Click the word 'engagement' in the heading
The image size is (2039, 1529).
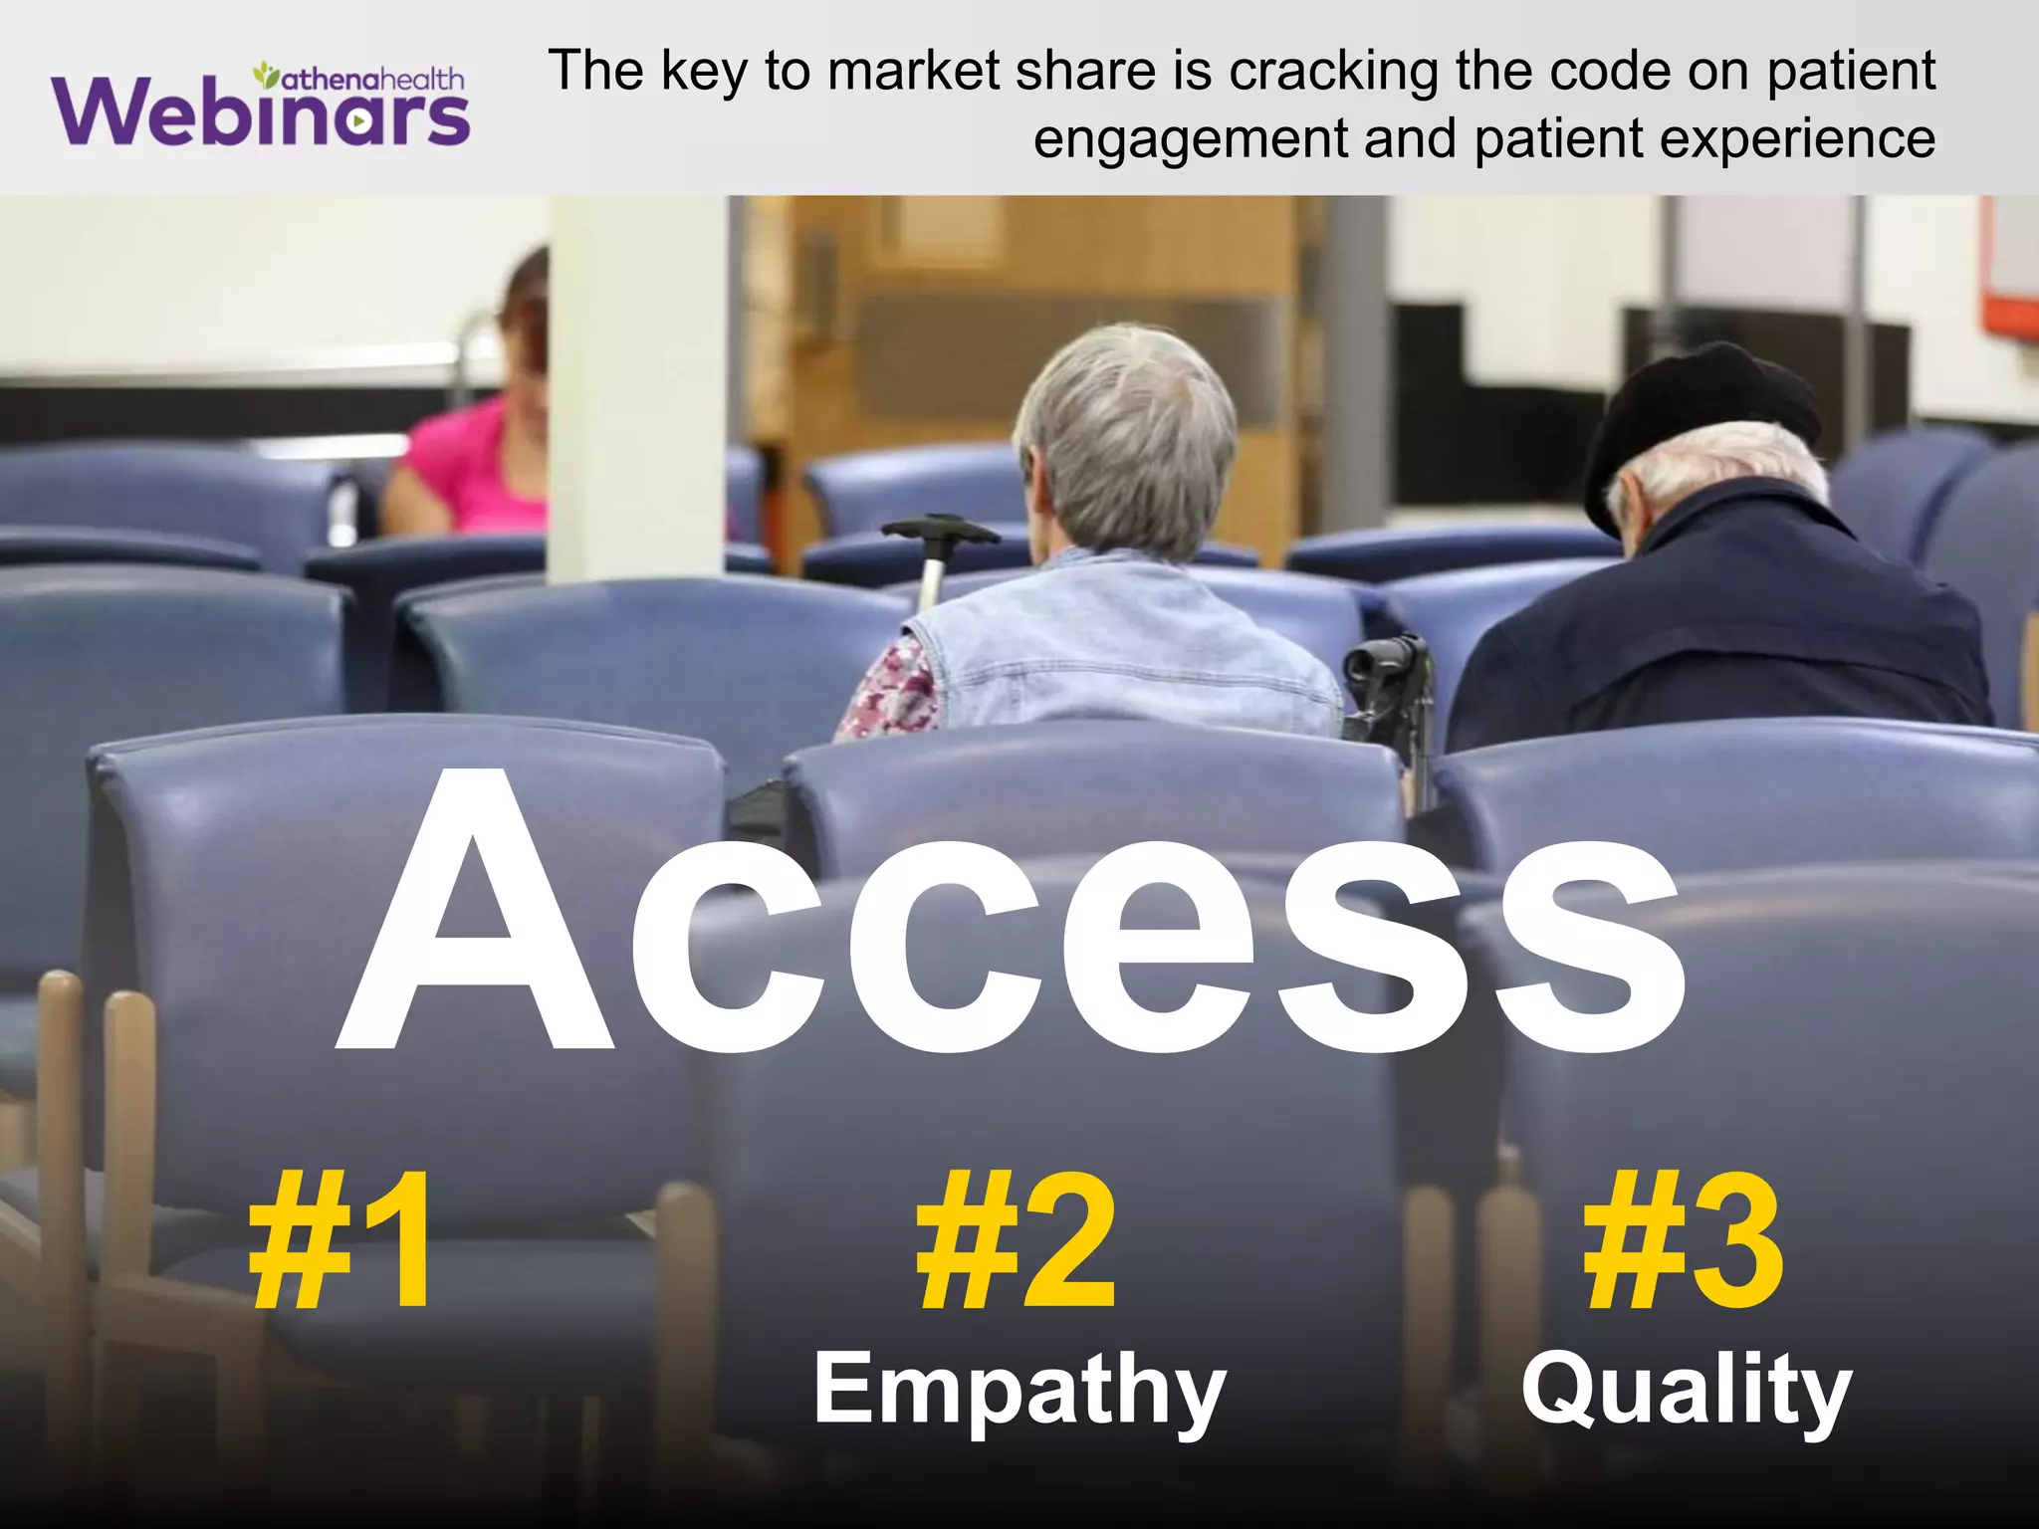1190,138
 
